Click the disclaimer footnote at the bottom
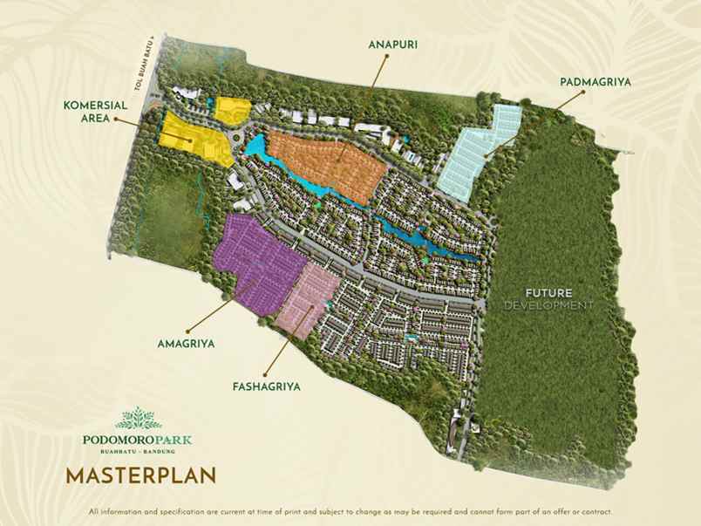(x=350, y=511)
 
